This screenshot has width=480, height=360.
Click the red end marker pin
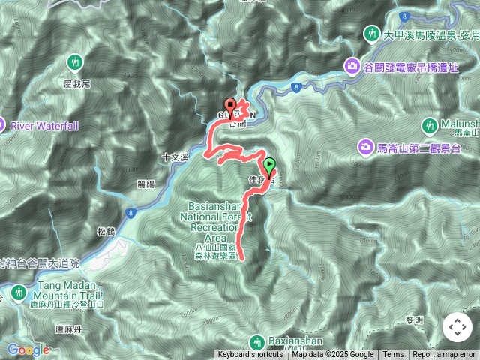click(x=230, y=106)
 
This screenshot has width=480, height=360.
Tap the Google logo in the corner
click(x=28, y=349)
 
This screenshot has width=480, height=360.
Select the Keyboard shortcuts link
click(x=251, y=355)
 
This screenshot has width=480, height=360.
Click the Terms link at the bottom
click(x=393, y=355)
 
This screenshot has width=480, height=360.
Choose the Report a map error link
click(x=444, y=355)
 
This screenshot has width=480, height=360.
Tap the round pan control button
click(x=457, y=327)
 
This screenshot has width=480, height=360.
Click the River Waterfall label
click(x=43, y=126)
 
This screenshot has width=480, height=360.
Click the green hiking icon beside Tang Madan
click(x=18, y=292)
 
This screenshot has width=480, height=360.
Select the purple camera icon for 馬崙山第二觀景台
click(x=365, y=145)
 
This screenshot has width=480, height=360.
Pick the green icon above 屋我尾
click(x=74, y=61)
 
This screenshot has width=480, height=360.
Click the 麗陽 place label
click(x=145, y=183)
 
